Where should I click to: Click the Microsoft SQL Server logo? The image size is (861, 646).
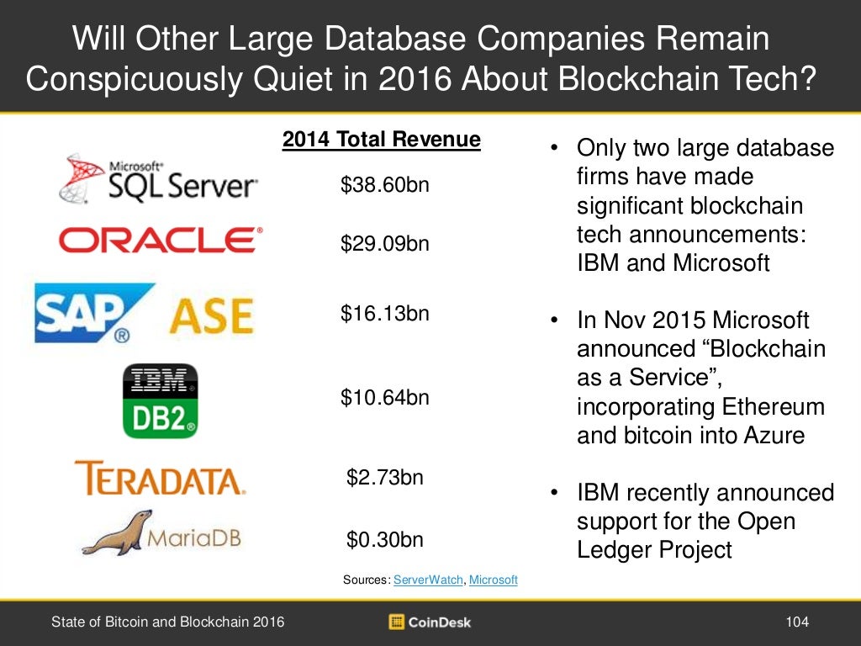click(x=158, y=178)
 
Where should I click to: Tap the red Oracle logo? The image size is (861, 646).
click(x=160, y=241)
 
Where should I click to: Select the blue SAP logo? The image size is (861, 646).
click(x=93, y=314)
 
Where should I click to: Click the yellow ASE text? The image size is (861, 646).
click(x=212, y=316)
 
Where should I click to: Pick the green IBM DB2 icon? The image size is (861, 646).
click(x=160, y=400)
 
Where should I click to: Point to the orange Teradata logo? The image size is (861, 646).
click(x=160, y=477)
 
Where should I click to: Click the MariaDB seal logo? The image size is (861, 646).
click(x=160, y=533)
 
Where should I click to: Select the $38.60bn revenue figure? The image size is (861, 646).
click(x=384, y=184)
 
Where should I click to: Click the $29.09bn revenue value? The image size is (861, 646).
click(x=384, y=244)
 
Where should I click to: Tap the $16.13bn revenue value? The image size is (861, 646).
click(x=384, y=314)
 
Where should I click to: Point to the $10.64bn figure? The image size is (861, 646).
click(x=384, y=397)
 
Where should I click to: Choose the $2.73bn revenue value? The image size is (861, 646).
click(x=384, y=478)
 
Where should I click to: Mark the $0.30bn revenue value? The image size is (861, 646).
click(x=384, y=539)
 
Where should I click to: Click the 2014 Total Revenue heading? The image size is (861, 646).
click(x=381, y=140)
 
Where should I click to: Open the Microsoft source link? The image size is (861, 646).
click(x=493, y=580)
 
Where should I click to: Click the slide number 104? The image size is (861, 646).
click(x=796, y=622)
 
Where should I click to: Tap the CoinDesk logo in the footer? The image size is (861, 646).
click(x=430, y=622)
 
